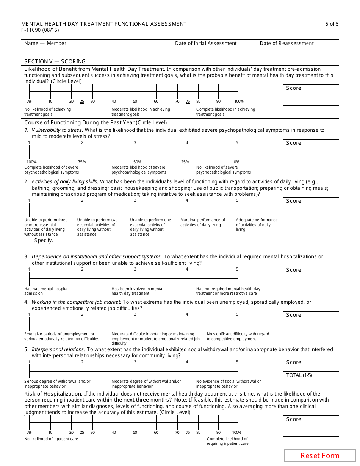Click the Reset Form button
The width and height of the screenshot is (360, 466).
click(x=320, y=456)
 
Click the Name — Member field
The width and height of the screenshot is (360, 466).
click(x=97, y=49)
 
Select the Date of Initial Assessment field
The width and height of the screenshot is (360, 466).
click(x=214, y=49)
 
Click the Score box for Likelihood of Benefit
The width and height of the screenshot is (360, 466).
click(x=311, y=95)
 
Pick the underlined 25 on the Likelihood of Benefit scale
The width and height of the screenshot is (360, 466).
click(x=82, y=102)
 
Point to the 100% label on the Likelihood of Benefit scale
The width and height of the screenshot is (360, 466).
click(x=239, y=102)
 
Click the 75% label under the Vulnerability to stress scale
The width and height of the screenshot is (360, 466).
click(x=82, y=162)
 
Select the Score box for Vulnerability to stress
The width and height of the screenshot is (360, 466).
click(x=311, y=150)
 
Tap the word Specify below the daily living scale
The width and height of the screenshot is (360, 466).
click(x=44, y=240)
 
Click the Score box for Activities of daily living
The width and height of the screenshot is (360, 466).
click(x=311, y=207)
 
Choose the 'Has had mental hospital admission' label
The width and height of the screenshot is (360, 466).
click(x=46, y=291)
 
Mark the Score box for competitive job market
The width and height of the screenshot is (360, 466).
click(x=311, y=321)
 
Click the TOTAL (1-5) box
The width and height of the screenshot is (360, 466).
click(x=311, y=380)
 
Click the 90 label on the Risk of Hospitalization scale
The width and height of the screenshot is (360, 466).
click(x=218, y=432)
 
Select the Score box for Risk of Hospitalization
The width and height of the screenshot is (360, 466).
click(x=311, y=426)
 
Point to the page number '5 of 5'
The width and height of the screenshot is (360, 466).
click(x=332, y=24)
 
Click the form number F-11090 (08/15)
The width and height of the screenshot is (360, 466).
click(x=40, y=30)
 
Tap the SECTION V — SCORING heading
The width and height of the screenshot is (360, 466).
click(x=55, y=61)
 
